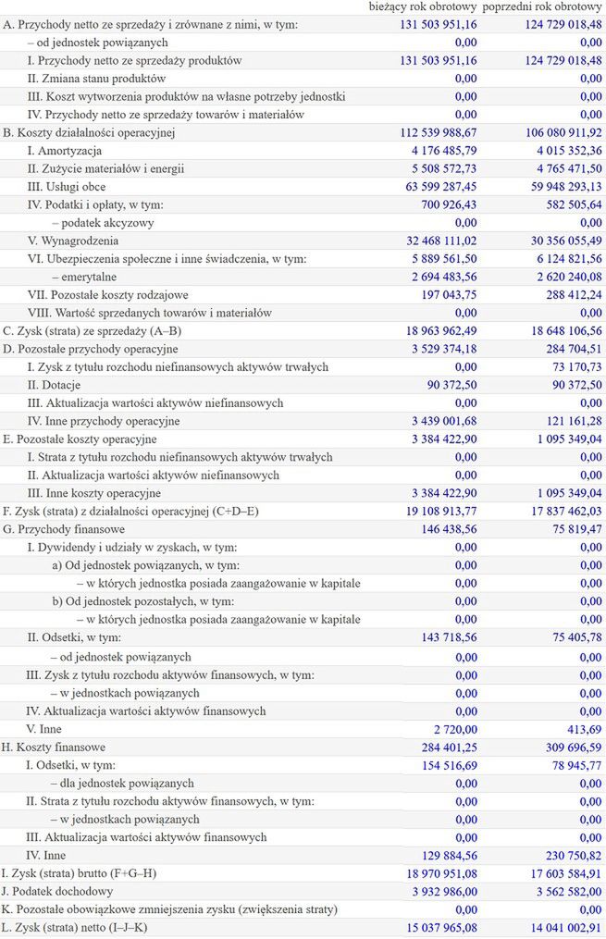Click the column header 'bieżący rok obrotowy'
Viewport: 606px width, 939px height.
(422, 7)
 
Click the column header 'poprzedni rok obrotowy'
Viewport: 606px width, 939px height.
(542, 7)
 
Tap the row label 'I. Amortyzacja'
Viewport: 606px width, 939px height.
(64, 151)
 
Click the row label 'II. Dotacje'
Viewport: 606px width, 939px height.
(58, 385)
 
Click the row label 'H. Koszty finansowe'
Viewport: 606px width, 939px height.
(54, 747)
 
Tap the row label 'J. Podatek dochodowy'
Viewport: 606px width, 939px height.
(57, 891)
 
